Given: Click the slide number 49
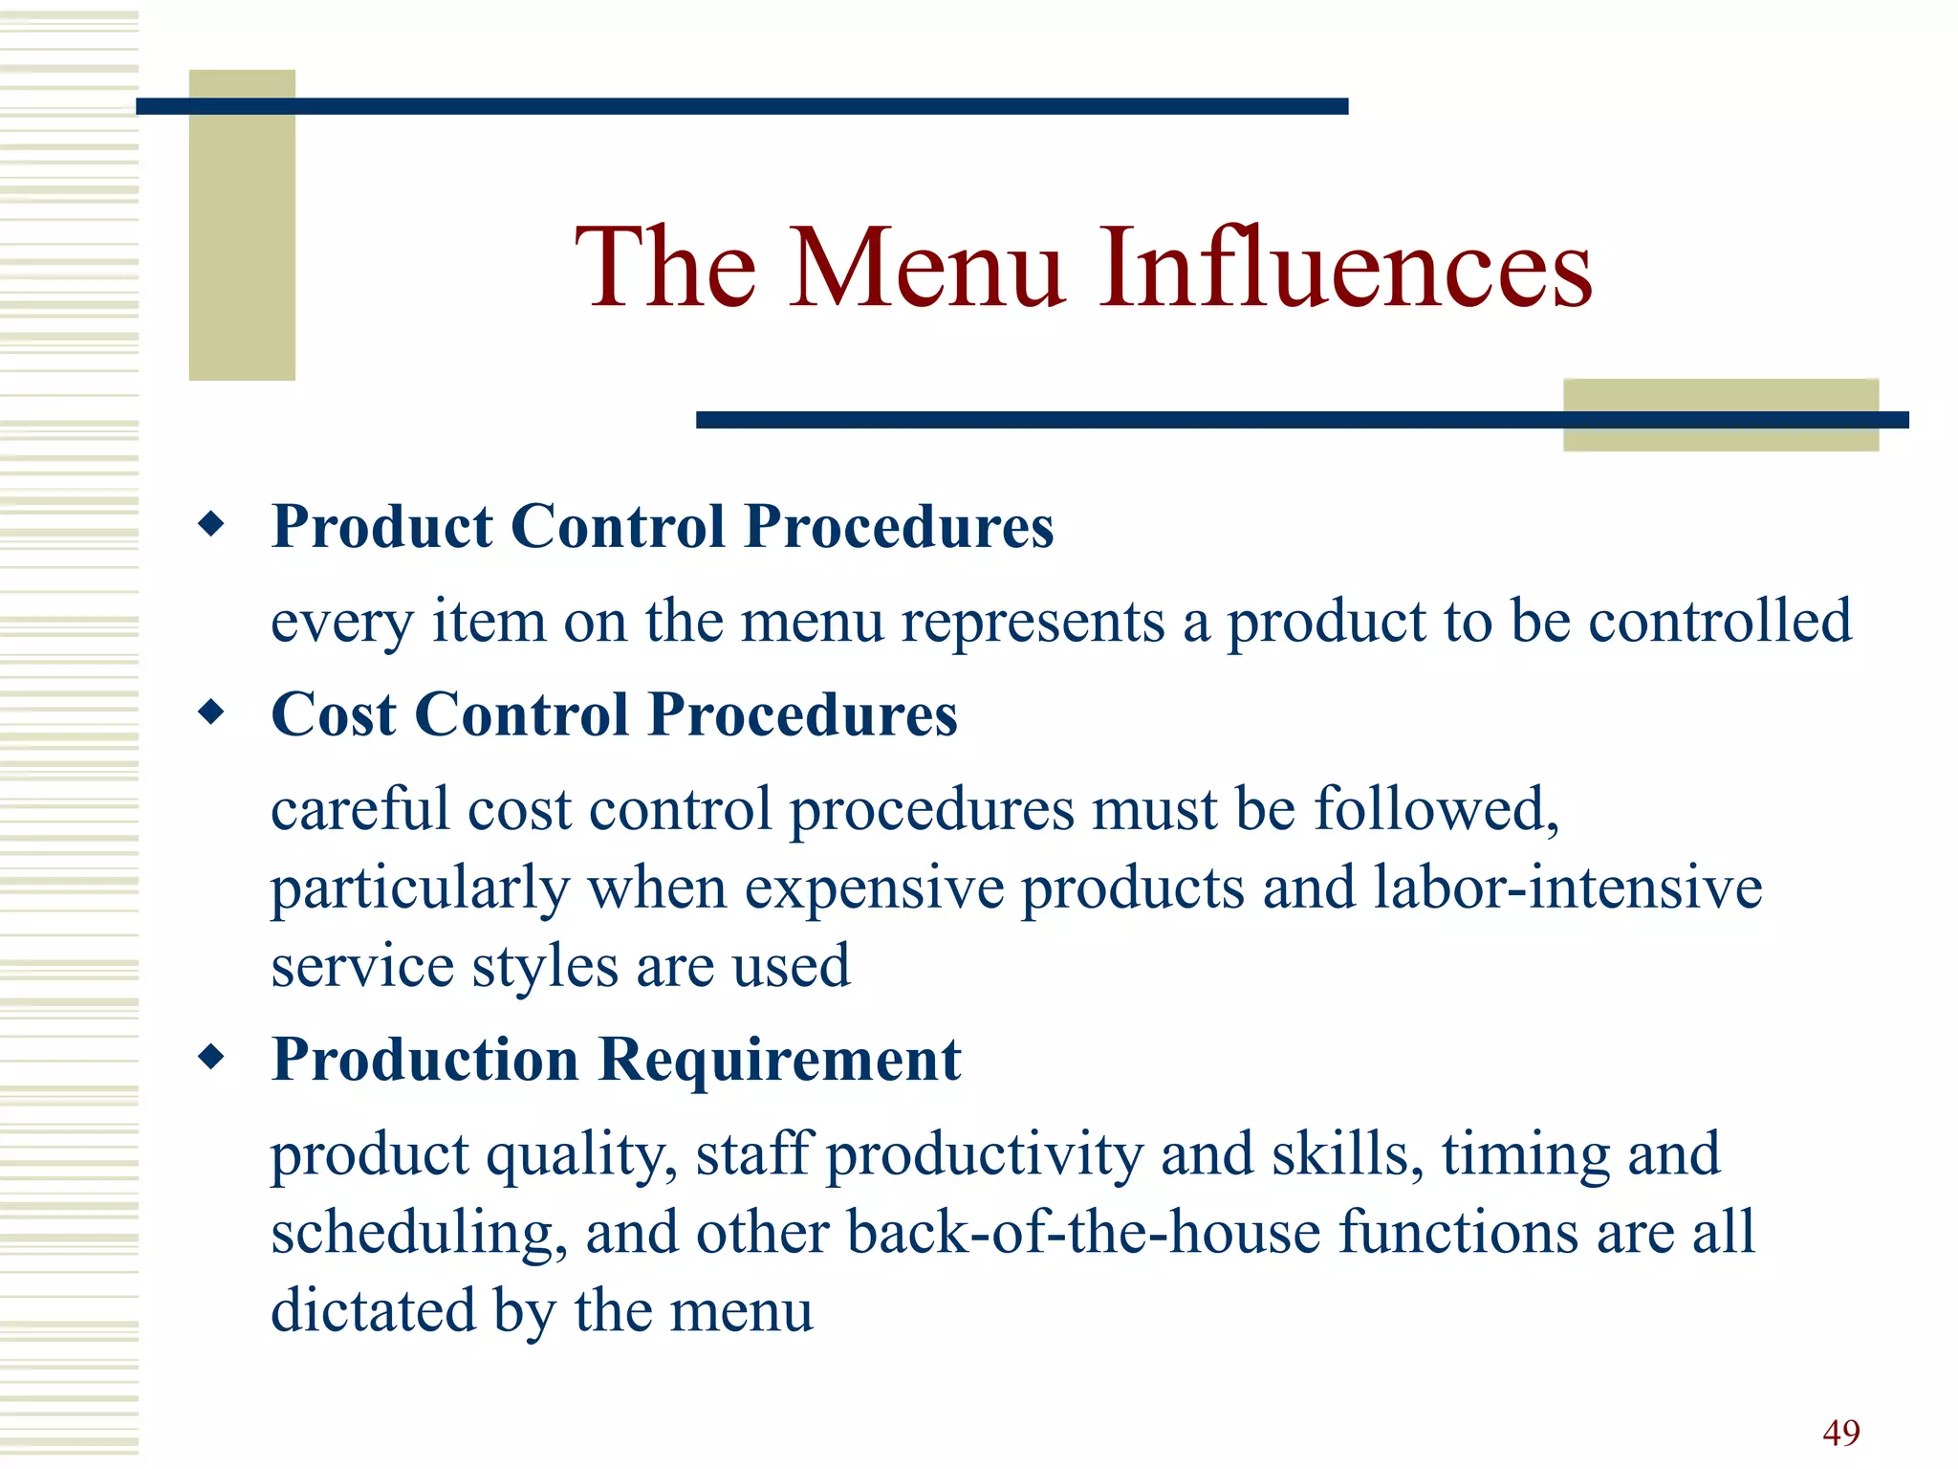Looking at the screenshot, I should pyautogui.click(x=1840, y=1433).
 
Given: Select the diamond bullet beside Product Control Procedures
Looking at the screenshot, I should pyautogui.click(x=211, y=524).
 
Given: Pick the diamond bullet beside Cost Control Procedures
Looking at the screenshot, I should pyautogui.click(x=211, y=713).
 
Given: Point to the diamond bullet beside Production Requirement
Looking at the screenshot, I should pyautogui.click(x=211, y=1057).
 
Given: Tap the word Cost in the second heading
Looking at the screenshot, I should pyautogui.click(x=334, y=714).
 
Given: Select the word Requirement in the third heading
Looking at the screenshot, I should pyautogui.click(x=779, y=1060).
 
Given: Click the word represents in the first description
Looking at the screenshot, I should pyautogui.click(x=1033, y=623).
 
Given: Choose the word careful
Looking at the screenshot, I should pyautogui.click(x=359, y=809).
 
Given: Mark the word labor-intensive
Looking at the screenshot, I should pyautogui.click(x=1568, y=887).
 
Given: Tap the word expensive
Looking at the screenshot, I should pyautogui.click(x=874, y=888).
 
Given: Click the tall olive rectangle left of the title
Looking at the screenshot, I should pyautogui.click(x=242, y=225).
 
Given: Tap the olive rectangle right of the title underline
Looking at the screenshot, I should pyautogui.click(x=1720, y=414).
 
